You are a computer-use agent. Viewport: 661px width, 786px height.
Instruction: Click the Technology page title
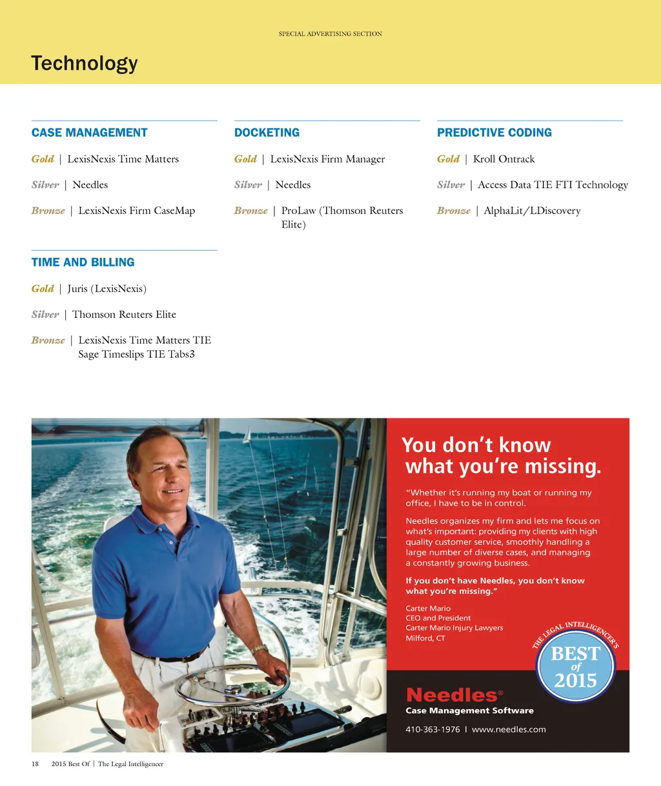85,63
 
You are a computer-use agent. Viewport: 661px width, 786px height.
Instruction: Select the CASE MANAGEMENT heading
90,133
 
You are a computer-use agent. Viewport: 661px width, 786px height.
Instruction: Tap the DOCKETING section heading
267,133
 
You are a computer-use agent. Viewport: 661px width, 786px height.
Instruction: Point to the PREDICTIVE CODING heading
494,133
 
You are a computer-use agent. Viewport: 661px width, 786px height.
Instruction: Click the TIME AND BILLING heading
83,262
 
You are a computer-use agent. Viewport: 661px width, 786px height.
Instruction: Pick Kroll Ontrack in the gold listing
503,159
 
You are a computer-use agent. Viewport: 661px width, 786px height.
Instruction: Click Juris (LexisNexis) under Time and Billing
107,289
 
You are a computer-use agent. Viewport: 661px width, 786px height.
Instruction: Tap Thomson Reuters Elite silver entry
124,315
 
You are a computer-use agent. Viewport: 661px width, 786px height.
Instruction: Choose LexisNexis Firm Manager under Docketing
327,159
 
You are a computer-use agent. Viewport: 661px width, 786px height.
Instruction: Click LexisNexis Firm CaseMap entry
136,211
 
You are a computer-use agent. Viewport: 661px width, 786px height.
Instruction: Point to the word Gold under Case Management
43,159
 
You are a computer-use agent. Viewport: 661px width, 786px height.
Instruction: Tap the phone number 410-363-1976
432,729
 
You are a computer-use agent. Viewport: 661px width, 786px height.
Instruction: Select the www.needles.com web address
509,729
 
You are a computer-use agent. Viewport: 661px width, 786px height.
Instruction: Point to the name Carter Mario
428,608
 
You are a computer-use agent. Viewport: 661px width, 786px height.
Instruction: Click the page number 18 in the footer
36,764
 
